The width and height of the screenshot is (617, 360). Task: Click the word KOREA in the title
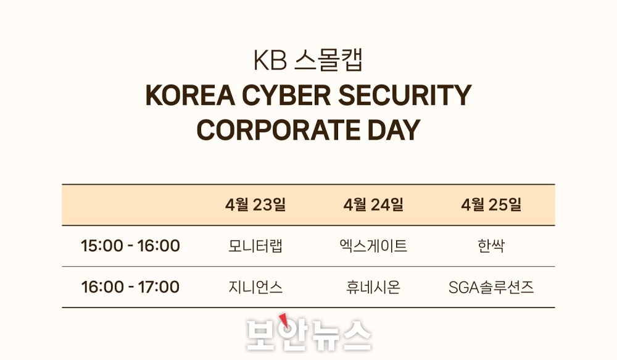click(190, 95)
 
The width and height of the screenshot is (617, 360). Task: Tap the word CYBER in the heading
click(286, 95)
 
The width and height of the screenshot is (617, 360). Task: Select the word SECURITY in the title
click(405, 95)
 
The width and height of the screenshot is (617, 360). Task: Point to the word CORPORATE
click(278, 130)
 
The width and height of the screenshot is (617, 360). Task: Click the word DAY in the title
click(394, 130)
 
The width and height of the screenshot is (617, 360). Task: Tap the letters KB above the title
click(270, 61)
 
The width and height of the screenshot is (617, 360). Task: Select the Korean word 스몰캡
click(329, 61)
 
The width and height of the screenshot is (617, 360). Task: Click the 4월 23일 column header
click(255, 205)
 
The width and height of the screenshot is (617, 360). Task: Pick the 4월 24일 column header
click(373, 205)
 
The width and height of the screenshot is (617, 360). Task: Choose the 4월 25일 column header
click(492, 205)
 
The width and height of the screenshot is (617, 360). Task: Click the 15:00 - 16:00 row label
click(130, 246)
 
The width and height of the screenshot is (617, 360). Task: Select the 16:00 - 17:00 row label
click(130, 287)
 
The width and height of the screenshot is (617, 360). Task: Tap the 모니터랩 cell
click(255, 246)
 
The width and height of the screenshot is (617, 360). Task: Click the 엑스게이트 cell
click(373, 246)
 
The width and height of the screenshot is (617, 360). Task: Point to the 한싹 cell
click(491, 246)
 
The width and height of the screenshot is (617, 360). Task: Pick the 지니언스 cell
click(255, 287)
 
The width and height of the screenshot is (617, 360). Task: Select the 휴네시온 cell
click(373, 287)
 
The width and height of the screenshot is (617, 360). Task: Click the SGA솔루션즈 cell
click(491, 287)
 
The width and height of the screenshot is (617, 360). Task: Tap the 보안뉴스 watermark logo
click(309, 334)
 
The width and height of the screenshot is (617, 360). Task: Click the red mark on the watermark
click(283, 320)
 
